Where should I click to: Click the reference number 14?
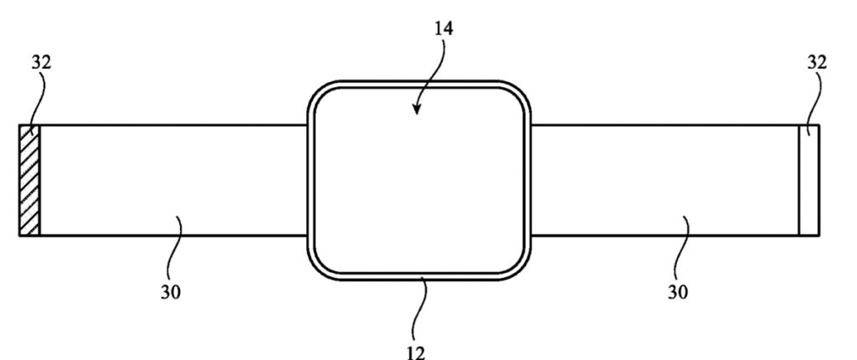coord(444,28)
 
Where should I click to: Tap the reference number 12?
coord(416,352)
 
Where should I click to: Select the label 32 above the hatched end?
coord(41,62)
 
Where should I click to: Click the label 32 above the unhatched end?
coord(817,62)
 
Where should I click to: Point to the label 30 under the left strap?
coord(170,292)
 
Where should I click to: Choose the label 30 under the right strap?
coord(678,292)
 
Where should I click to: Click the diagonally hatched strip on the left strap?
coord(29,181)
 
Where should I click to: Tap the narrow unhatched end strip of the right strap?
coord(809,181)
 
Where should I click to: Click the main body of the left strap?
coord(173,181)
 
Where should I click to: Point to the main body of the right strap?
coord(665,181)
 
